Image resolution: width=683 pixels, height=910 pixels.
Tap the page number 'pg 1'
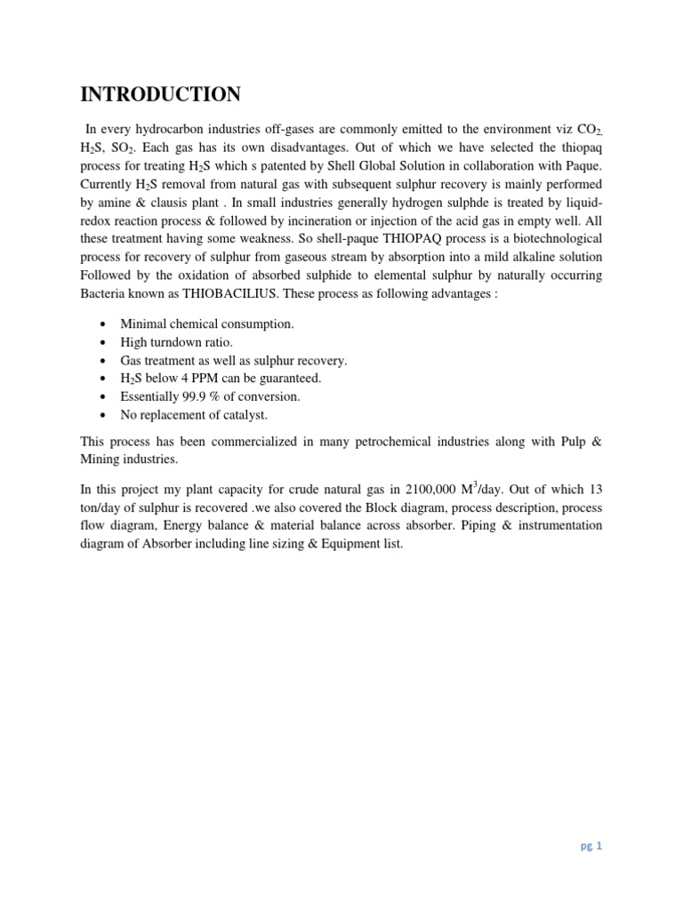[592, 846]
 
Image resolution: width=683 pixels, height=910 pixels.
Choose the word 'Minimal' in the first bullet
[144, 324]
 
